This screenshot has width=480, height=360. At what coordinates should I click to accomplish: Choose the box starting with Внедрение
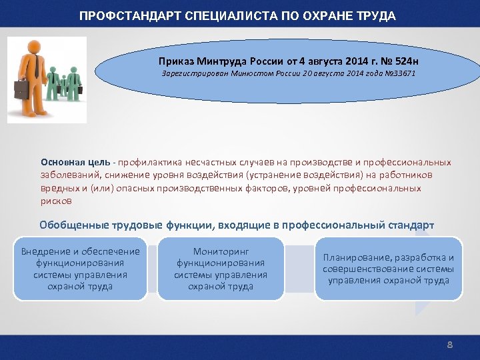(80, 269)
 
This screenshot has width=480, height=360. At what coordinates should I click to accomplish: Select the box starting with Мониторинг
(221, 269)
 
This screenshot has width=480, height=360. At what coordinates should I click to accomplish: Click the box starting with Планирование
(388, 269)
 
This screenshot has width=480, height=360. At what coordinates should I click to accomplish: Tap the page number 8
(449, 345)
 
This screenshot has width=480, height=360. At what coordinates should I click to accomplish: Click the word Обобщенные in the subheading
(71, 225)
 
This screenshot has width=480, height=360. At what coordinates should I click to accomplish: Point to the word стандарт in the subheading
(413, 225)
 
